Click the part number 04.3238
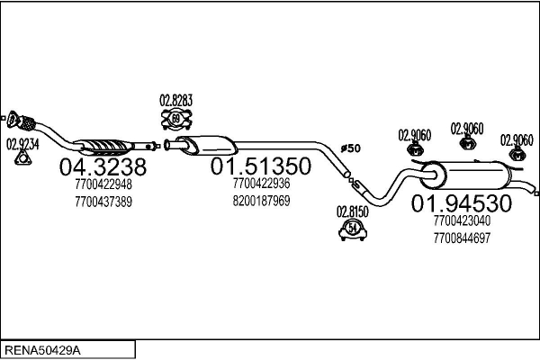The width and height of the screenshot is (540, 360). pyautogui.click(x=102, y=166)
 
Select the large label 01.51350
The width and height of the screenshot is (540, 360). pyautogui.click(x=261, y=166)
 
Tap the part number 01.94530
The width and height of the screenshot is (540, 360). pyautogui.click(x=462, y=203)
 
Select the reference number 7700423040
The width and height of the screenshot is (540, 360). pyautogui.click(x=462, y=220)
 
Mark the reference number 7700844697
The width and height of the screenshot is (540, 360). pyautogui.click(x=462, y=238)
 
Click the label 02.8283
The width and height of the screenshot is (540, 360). pyautogui.click(x=176, y=100)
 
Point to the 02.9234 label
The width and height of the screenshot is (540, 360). pyautogui.click(x=23, y=143)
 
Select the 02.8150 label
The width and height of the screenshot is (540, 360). pyautogui.click(x=352, y=212)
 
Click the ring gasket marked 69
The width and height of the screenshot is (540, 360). pyautogui.click(x=176, y=119)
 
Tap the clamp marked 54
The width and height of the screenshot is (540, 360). pyautogui.click(x=352, y=231)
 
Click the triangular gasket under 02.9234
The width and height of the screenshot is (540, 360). pyautogui.click(x=23, y=160)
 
